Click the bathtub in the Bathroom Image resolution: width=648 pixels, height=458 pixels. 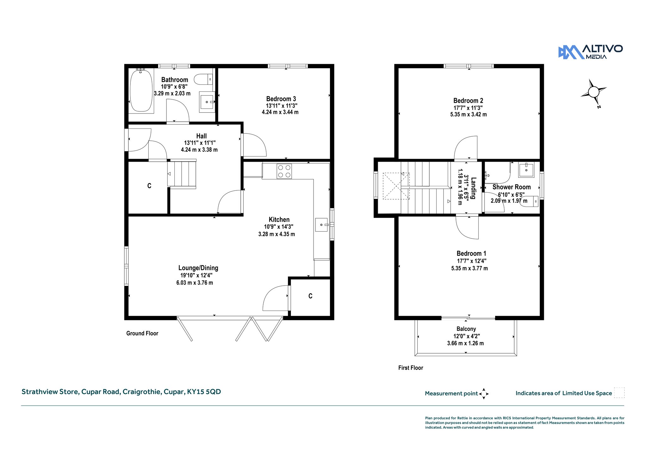point(141,91)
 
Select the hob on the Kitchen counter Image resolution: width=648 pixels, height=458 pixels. point(284,171)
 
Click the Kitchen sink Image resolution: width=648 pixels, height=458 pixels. point(322,225)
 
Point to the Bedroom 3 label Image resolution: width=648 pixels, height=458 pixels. point(281,99)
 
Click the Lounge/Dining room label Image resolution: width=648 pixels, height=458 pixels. point(198,268)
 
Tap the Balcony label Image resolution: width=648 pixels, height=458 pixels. point(466,329)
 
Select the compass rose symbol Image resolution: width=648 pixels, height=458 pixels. point(593,92)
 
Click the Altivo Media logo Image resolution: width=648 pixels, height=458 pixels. point(590,52)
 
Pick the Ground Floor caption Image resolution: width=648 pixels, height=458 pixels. point(142,333)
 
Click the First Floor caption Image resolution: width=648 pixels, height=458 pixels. point(411,368)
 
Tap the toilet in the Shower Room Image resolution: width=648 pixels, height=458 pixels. point(529,201)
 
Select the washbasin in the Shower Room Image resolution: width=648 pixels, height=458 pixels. point(526,170)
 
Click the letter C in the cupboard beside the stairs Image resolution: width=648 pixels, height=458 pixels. point(149,186)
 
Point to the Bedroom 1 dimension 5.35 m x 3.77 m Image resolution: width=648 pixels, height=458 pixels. point(470,268)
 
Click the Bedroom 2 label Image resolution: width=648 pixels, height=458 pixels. point(468,101)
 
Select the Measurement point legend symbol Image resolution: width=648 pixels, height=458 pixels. point(484,394)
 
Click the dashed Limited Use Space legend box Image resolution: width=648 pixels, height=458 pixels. point(619,393)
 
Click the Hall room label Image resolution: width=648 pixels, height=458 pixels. point(202,136)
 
